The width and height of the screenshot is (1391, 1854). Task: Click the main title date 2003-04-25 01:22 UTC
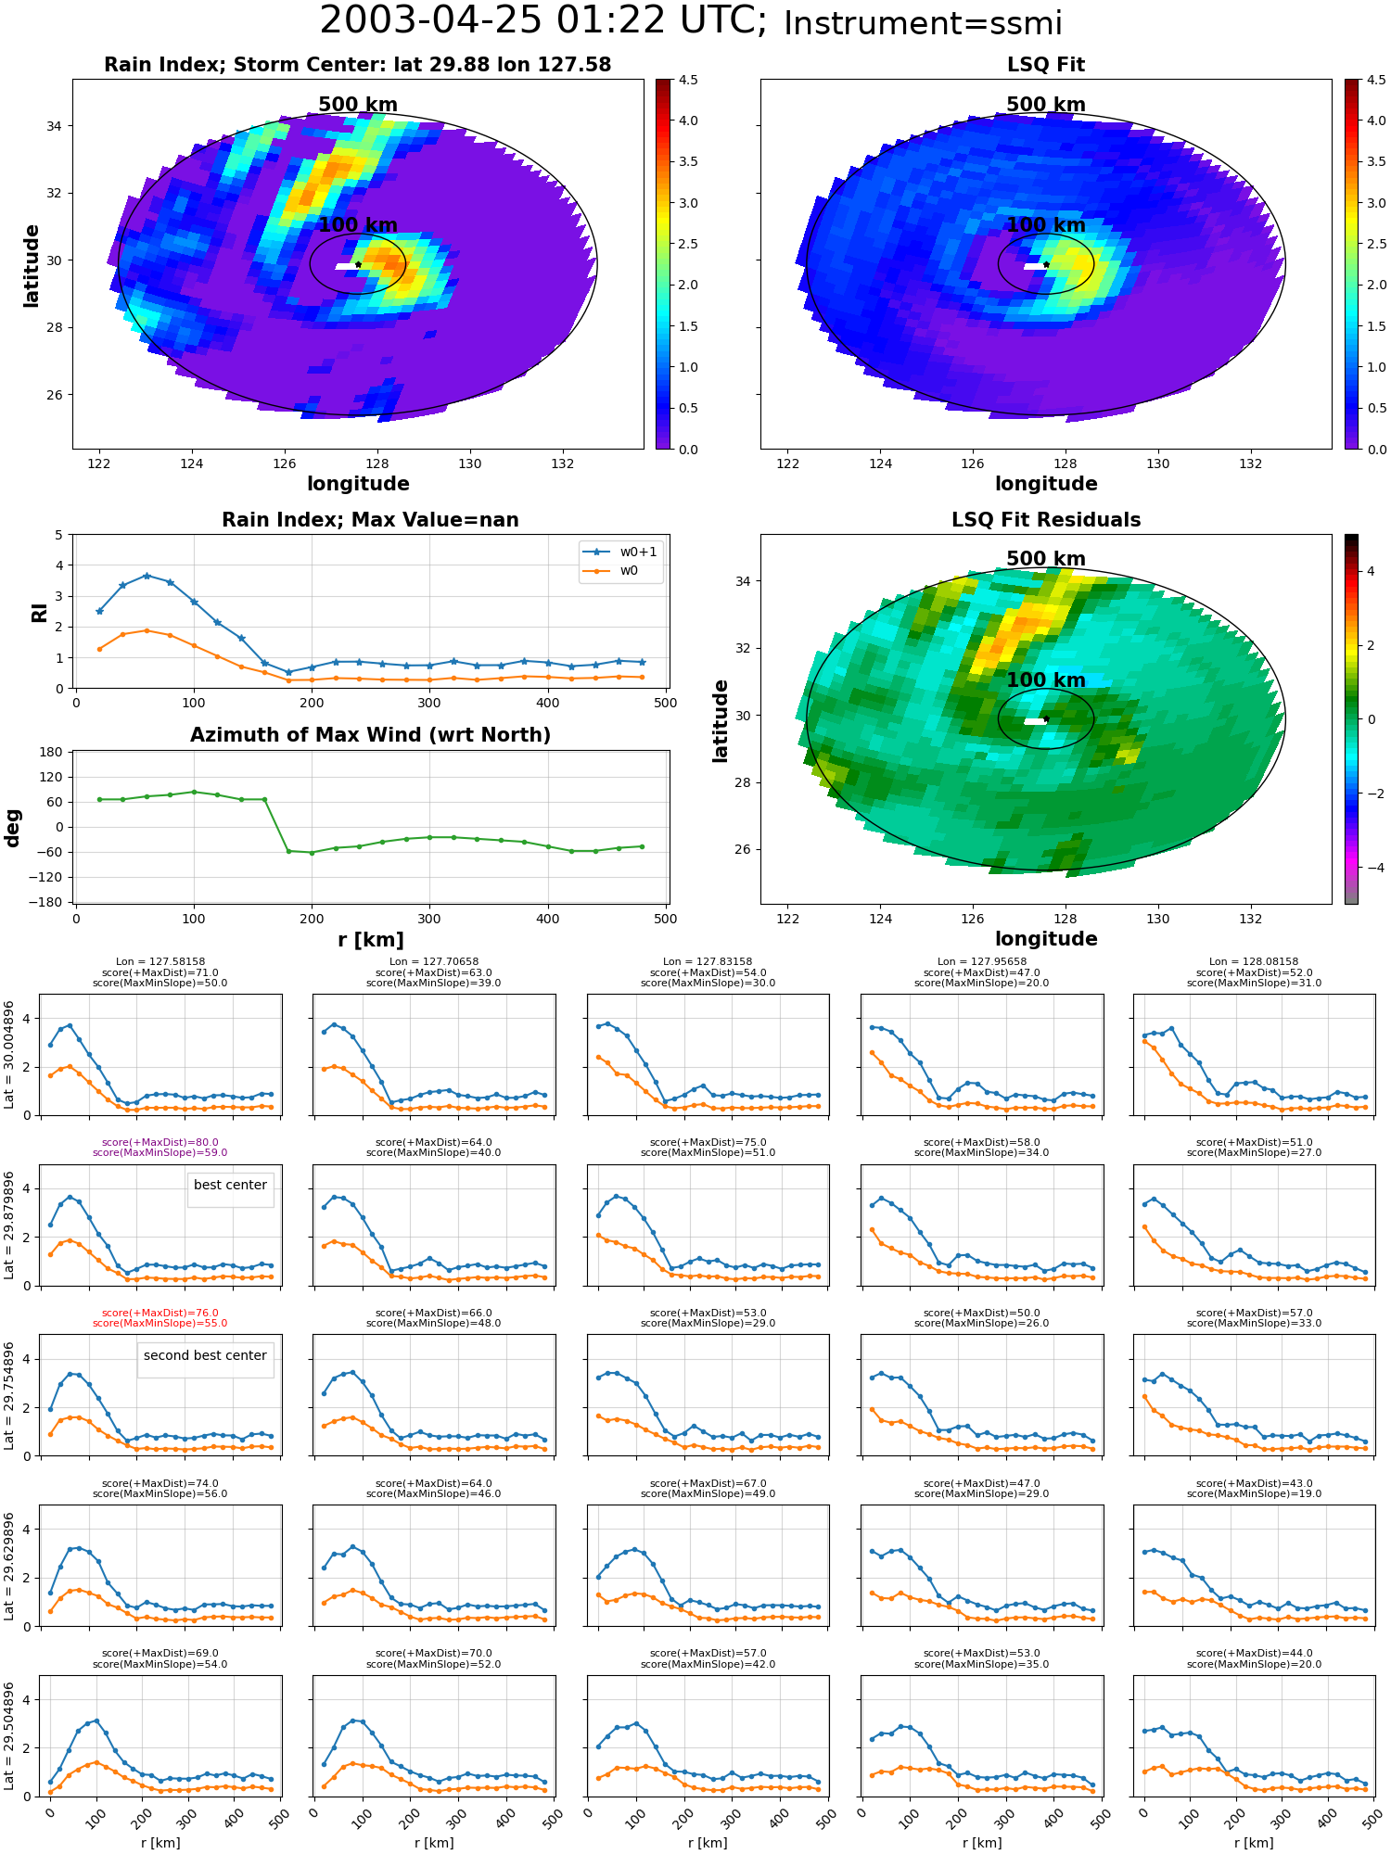[x=543, y=20]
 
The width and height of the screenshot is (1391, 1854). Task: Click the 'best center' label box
[x=230, y=1186]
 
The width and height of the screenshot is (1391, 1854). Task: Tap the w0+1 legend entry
[x=620, y=552]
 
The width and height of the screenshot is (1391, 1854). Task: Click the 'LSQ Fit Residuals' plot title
[x=1046, y=520]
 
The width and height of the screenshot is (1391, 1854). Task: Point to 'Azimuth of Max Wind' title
[x=370, y=735]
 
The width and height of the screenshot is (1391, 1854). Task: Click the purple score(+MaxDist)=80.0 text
[x=160, y=1143]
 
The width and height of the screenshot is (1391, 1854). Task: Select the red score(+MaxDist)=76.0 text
[x=160, y=1314]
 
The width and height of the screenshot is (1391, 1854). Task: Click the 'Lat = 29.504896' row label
[x=9, y=1735]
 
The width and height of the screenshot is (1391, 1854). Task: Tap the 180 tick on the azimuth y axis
[x=52, y=752]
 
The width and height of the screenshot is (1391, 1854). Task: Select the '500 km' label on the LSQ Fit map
[x=1046, y=105]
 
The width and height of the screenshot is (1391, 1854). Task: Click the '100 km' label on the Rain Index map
[x=358, y=225]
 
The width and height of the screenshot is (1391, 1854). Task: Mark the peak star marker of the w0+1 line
[x=147, y=576]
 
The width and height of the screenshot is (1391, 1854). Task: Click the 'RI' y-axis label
[x=39, y=613]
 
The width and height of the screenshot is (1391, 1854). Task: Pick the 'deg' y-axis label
[x=13, y=828]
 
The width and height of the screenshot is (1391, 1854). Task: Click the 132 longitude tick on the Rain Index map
[x=563, y=464]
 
